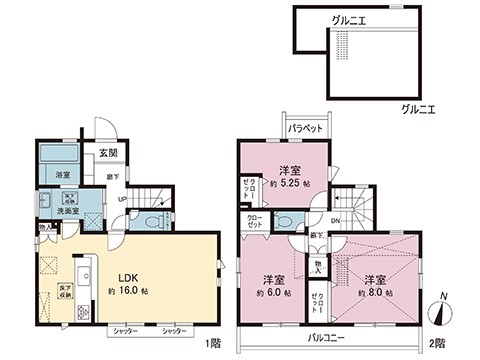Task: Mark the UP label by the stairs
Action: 122,199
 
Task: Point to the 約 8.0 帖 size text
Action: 376,294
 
